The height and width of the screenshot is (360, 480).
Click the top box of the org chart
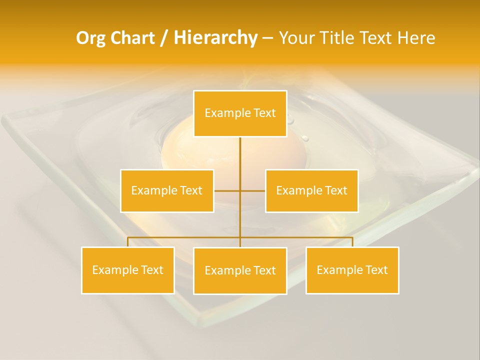(x=240, y=113)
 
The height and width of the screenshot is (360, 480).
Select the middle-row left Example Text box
(x=167, y=190)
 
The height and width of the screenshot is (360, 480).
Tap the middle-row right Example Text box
(x=311, y=190)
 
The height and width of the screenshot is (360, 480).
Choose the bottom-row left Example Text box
(x=127, y=270)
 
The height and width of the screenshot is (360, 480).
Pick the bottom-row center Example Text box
(x=240, y=270)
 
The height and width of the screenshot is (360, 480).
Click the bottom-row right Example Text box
(x=352, y=270)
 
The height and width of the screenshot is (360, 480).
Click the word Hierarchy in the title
(x=215, y=37)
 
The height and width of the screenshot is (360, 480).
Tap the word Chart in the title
(x=132, y=38)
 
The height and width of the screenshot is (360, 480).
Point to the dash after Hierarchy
(x=267, y=38)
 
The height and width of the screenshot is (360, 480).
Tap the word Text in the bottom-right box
(x=376, y=270)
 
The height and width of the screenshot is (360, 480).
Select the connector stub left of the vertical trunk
(x=227, y=190)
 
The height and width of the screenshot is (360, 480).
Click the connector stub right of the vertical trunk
(x=253, y=190)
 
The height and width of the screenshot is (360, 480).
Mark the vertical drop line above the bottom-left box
(x=127, y=242)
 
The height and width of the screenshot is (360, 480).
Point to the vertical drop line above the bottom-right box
(x=352, y=242)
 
